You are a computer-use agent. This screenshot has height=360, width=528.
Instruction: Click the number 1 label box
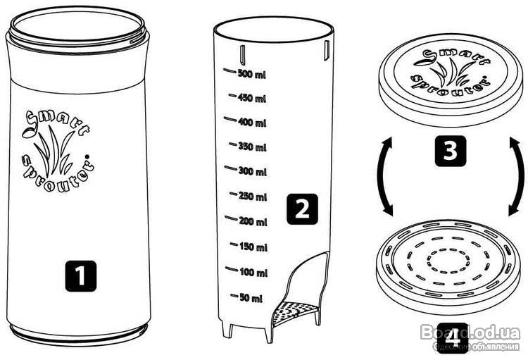pyautogui.click(x=81, y=276)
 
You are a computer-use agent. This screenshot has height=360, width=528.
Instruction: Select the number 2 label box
pyautogui.click(x=302, y=209)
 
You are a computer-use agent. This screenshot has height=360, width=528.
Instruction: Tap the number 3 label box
pyautogui.click(x=451, y=151)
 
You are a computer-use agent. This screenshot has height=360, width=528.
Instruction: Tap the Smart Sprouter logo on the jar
pyautogui.click(x=58, y=151)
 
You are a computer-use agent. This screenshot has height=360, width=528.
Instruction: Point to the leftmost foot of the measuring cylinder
pyautogui.click(x=227, y=329)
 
